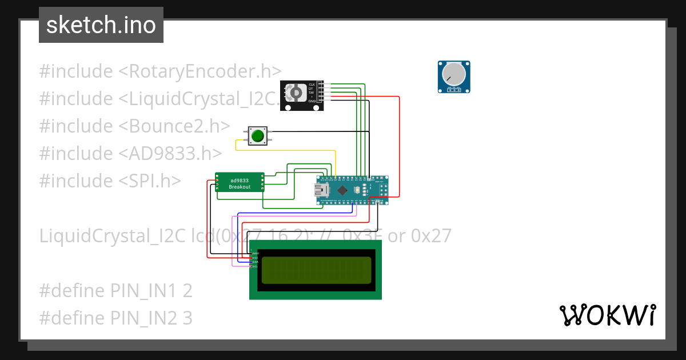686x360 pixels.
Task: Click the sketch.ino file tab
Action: (x=101, y=25)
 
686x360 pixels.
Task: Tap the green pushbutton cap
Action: (x=258, y=135)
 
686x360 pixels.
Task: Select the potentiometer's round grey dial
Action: (x=454, y=74)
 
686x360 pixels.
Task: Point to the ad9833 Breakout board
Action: (x=240, y=183)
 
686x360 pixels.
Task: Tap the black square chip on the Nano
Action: (x=342, y=190)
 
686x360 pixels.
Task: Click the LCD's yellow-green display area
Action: (x=316, y=270)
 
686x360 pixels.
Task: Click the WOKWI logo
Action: (x=607, y=315)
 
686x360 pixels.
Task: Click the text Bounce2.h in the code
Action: (x=174, y=126)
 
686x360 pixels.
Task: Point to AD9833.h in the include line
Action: (x=170, y=154)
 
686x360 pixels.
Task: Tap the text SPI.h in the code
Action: (x=150, y=181)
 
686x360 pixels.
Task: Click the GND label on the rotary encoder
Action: (x=312, y=101)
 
